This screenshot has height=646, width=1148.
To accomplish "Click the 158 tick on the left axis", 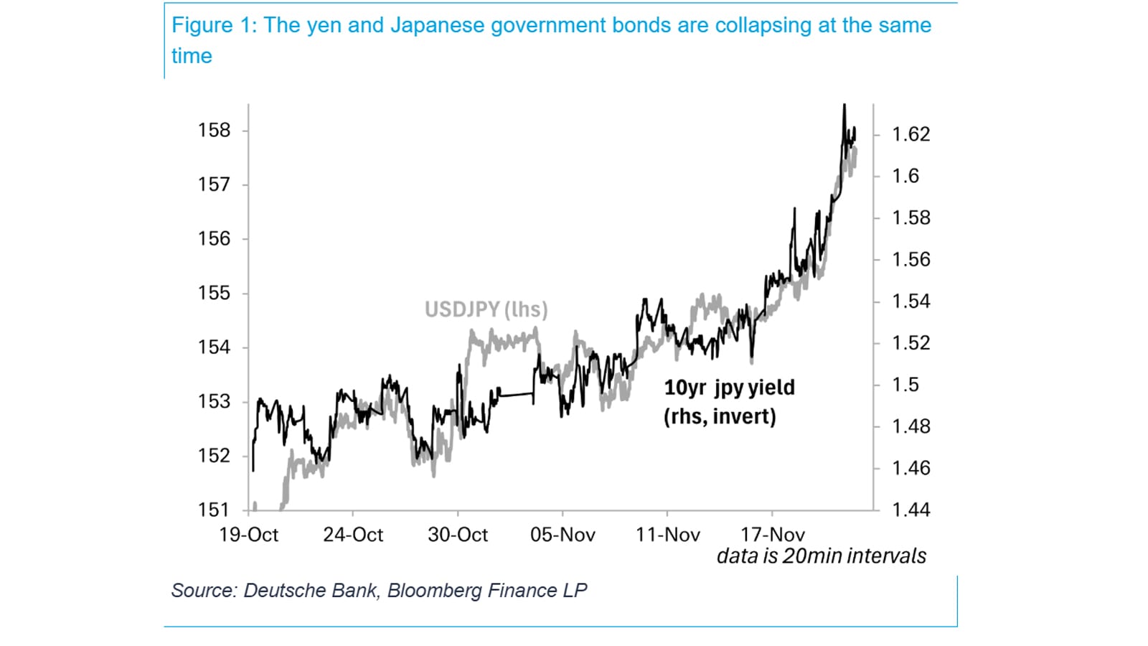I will [214, 131].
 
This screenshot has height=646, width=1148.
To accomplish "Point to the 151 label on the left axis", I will [214, 510].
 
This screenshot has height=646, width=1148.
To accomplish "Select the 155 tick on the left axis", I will [214, 293].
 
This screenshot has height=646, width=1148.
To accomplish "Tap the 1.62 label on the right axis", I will [911, 134].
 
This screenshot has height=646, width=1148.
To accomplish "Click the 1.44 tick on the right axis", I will [911, 510].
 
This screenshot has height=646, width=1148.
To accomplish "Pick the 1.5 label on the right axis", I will [905, 385].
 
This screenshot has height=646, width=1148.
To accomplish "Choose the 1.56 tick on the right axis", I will [911, 259].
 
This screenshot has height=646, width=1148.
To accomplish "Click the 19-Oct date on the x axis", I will [248, 535].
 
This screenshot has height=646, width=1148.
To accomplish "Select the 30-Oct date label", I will [458, 535].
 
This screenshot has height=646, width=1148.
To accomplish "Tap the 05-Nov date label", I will [563, 535].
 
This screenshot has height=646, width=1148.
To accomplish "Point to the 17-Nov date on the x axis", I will [772, 535].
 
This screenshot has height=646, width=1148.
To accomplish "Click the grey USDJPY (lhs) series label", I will [486, 309].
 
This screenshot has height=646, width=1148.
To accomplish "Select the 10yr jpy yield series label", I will [729, 388].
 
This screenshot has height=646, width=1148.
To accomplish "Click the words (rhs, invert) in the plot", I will [720, 416].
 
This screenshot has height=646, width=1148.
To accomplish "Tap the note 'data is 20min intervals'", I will [821, 556].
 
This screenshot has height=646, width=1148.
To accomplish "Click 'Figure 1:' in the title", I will [213, 25].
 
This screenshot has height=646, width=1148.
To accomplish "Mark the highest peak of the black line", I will [844, 105].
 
